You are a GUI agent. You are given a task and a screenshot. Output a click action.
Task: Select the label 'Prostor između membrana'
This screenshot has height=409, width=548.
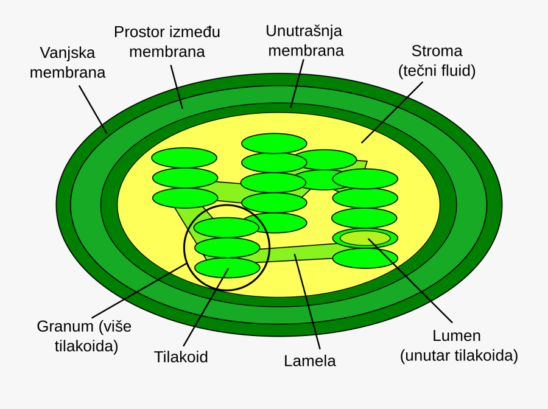click(x=167, y=41)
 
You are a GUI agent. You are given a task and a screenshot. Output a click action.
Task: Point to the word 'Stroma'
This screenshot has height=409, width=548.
click(x=437, y=51)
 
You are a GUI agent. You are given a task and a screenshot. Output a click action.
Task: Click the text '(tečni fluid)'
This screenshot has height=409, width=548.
click(x=437, y=71)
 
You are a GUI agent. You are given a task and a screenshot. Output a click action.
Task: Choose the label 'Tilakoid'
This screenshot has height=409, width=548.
click(x=181, y=357)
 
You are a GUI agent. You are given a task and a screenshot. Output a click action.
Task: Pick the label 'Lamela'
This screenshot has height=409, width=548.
click(x=309, y=360)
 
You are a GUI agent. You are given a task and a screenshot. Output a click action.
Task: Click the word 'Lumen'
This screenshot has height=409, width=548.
click(x=456, y=335)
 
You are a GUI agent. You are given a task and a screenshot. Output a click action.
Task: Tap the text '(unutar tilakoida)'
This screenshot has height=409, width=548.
click(x=458, y=355)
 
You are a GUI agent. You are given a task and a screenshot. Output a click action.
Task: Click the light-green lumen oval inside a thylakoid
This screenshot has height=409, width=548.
click(x=365, y=238)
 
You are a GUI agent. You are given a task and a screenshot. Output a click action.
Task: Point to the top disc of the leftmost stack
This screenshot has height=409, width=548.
click(x=184, y=158)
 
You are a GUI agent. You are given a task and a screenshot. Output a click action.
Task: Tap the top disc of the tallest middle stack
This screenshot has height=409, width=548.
click(x=274, y=143)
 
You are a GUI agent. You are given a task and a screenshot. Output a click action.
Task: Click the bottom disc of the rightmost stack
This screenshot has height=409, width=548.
click(x=365, y=258)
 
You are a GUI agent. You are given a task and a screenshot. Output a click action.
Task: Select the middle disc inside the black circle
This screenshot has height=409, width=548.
click(x=227, y=247)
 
